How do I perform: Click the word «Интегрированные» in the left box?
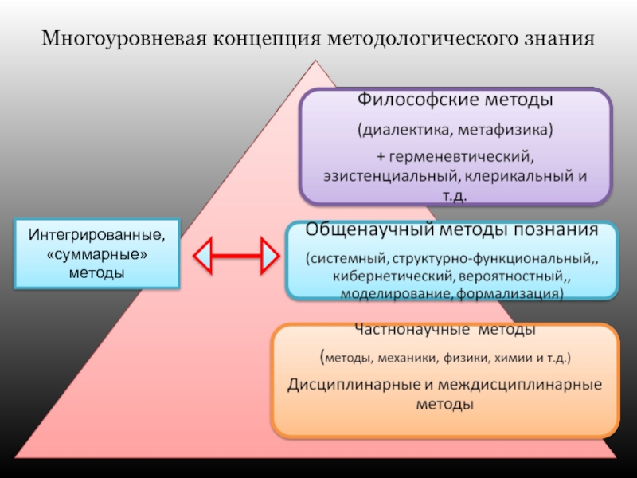[x=98, y=236]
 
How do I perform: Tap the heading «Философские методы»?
[x=455, y=102]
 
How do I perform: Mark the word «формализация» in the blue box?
[x=511, y=293]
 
